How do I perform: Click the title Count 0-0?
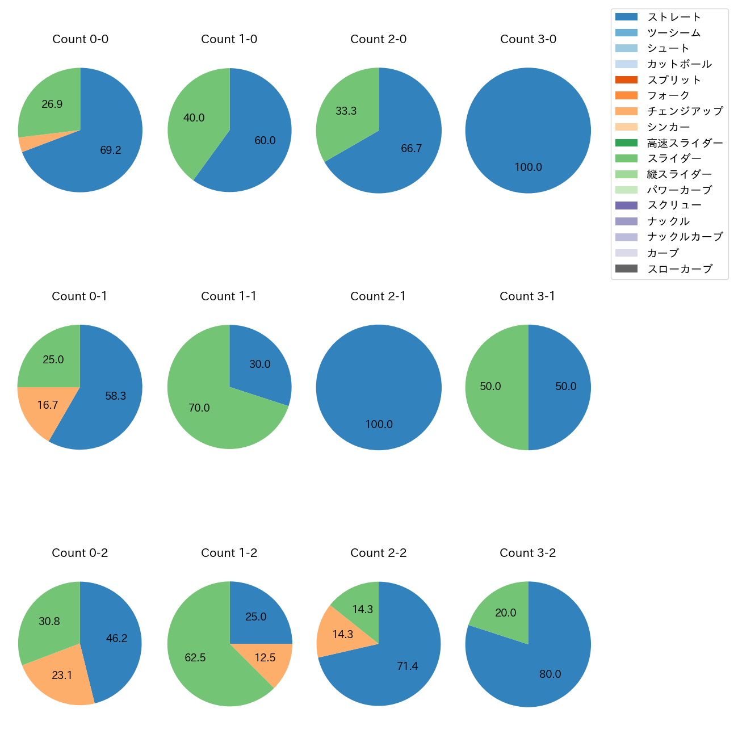click(80, 39)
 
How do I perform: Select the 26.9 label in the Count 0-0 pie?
click(52, 104)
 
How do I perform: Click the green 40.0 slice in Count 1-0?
click(196, 119)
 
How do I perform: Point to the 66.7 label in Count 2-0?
click(411, 149)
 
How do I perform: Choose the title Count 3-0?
click(528, 39)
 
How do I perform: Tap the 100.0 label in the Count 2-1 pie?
click(379, 425)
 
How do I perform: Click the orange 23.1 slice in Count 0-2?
click(60, 676)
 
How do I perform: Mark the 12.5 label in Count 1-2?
click(265, 658)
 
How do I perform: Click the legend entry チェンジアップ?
click(685, 111)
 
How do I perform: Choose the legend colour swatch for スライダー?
click(626, 158)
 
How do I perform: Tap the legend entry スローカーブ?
click(680, 269)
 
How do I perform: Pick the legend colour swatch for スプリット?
click(626, 80)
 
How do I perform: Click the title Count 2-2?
click(378, 553)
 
